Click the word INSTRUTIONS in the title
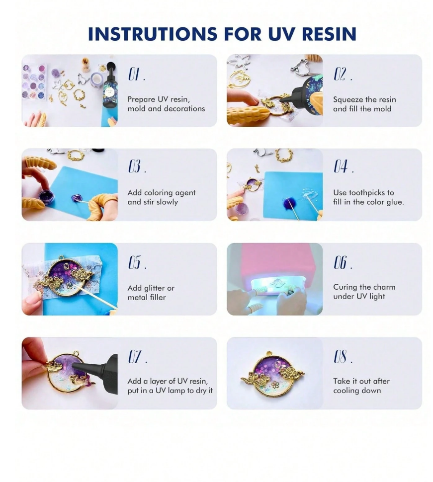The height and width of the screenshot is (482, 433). [153, 34]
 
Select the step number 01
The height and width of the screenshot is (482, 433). [136, 75]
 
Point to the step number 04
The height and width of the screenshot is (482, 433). [343, 166]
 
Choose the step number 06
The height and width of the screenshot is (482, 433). [343, 262]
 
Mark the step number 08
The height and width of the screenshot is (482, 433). [343, 357]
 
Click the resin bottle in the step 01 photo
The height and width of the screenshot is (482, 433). [109, 86]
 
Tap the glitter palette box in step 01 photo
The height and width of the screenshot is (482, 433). [34, 82]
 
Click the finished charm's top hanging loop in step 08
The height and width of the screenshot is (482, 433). [270, 353]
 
